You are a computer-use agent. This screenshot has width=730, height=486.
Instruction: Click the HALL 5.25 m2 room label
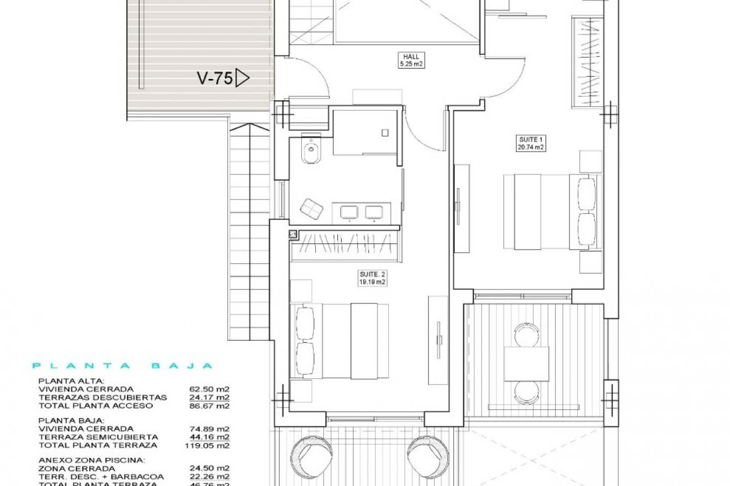(411, 60)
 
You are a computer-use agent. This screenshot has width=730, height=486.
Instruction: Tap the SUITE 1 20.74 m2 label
(531, 144)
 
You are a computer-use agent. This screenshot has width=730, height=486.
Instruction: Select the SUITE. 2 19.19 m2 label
(372, 278)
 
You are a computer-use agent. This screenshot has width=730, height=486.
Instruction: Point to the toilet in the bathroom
(311, 151)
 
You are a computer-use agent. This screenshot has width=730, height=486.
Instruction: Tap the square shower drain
(385, 133)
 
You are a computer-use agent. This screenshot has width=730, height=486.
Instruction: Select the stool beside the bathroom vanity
(311, 208)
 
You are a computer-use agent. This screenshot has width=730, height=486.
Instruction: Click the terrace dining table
(527, 364)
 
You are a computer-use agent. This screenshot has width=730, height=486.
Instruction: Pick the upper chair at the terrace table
(527, 335)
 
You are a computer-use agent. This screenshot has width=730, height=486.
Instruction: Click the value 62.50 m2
(209, 389)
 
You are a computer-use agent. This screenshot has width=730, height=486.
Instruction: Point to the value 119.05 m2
(207, 445)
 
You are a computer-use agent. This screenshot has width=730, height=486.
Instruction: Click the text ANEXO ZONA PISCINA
(91, 460)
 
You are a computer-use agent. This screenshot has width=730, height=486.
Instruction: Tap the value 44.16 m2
(209, 437)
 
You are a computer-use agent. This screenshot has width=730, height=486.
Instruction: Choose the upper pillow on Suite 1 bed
(586, 194)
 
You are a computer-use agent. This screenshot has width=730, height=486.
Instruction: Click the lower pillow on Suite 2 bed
(305, 358)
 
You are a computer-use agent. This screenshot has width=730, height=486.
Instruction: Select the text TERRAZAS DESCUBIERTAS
(103, 398)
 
